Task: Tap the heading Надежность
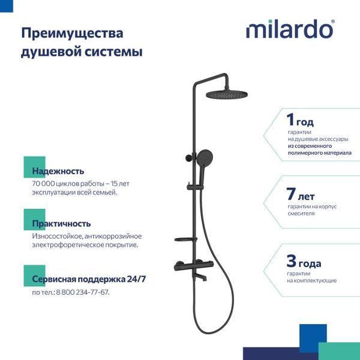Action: coord(58,171)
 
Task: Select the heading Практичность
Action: coord(62,223)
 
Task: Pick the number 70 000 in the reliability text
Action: coord(47,182)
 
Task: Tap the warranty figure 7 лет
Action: coord(301,194)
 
